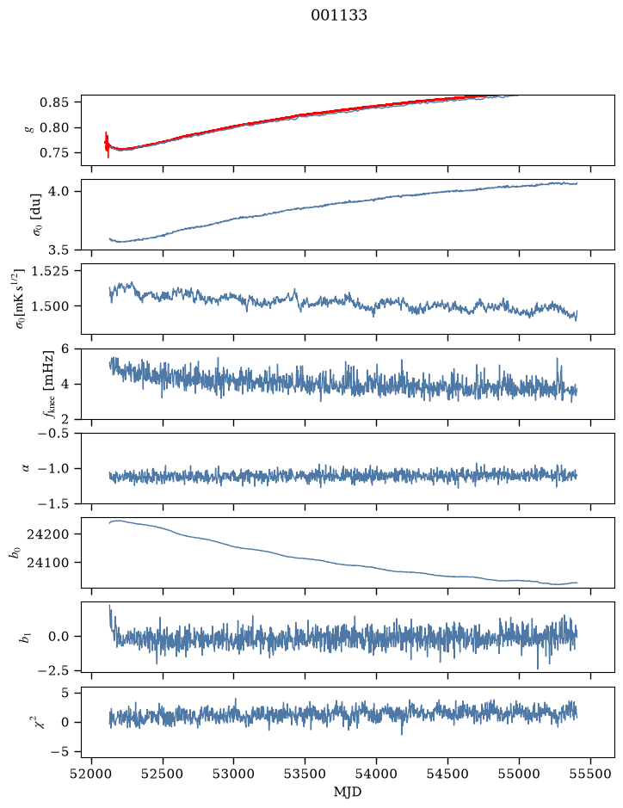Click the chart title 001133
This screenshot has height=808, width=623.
click(338, 15)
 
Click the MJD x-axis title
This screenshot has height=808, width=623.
click(348, 792)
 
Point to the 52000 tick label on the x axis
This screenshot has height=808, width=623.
click(92, 774)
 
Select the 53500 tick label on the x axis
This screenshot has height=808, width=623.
click(305, 774)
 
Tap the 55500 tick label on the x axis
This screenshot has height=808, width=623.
click(590, 774)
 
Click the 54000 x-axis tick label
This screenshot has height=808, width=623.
click(376, 774)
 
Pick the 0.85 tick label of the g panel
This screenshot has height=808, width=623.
click(54, 102)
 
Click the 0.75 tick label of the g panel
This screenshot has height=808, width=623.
click(54, 153)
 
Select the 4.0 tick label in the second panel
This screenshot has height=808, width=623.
click(59, 191)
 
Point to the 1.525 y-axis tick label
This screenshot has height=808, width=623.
click(50, 270)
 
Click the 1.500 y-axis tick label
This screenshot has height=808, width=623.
click(50, 306)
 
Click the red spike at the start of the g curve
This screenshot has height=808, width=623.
click(107, 145)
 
